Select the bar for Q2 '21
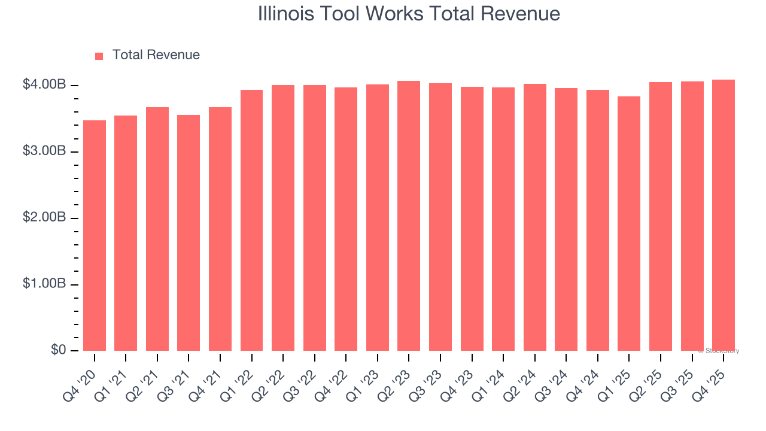click(157, 229)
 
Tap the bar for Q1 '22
click(252, 220)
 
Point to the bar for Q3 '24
click(566, 219)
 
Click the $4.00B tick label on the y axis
click(44, 85)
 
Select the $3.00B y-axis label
click(44, 151)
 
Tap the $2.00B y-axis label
click(44, 218)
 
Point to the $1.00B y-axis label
click(44, 284)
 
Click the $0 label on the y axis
click(58, 350)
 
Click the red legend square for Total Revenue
click(99, 56)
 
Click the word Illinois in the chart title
click(287, 14)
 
